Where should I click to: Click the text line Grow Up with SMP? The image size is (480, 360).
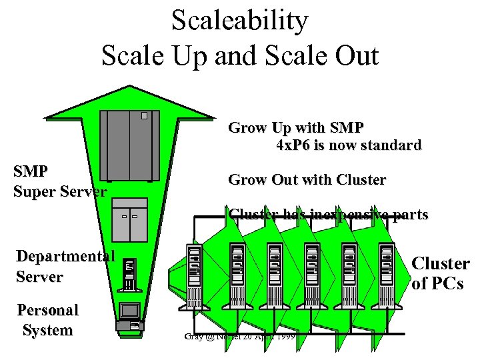296,127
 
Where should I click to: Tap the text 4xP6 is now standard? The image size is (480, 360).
349,145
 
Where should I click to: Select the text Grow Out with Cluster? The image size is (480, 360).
307,179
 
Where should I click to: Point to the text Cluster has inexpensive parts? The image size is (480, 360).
328,215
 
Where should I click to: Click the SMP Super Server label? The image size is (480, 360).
59,181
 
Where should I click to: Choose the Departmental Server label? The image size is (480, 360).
65,267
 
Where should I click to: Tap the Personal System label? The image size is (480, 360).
47,320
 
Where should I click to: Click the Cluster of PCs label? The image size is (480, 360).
440,273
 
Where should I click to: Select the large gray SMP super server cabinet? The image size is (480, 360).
130,145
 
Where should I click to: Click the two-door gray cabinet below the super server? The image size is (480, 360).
130,219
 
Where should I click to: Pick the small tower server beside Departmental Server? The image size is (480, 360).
130,273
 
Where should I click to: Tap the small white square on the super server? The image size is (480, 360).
144,115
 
